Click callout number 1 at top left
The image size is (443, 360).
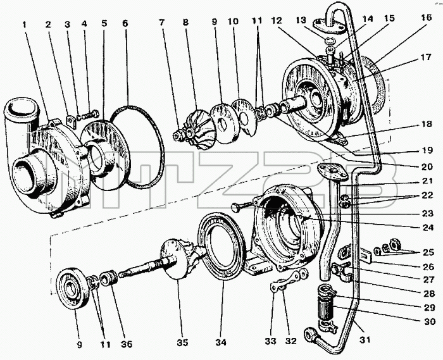(x=25, y=25)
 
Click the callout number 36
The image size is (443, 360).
(x=126, y=344)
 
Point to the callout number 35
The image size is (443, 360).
(x=182, y=343)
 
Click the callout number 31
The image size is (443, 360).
(x=365, y=339)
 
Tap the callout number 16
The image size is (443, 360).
(x=427, y=18)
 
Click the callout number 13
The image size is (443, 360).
(x=301, y=20)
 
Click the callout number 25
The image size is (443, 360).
(x=428, y=252)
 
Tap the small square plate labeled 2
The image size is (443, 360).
(x=72, y=121)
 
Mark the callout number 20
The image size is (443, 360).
(x=427, y=166)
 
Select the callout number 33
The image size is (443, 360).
(x=270, y=342)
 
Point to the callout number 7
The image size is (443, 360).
(x=161, y=22)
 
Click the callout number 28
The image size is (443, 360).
(x=428, y=294)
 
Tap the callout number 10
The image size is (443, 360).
(x=234, y=22)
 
